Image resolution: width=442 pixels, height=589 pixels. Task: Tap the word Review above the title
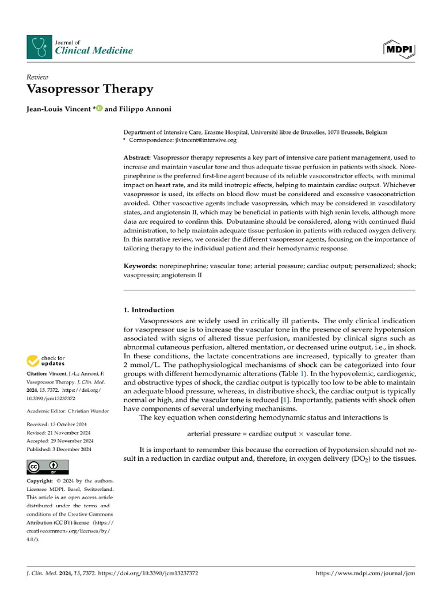click(x=37, y=77)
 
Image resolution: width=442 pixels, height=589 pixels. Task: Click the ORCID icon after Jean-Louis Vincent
click(x=98, y=108)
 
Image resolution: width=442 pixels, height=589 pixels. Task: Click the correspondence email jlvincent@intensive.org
click(x=200, y=140)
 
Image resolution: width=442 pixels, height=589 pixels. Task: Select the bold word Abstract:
click(x=137, y=158)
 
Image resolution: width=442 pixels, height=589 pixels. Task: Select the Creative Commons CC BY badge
click(x=48, y=466)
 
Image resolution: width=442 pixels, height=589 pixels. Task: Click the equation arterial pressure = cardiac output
click(x=269, y=433)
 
